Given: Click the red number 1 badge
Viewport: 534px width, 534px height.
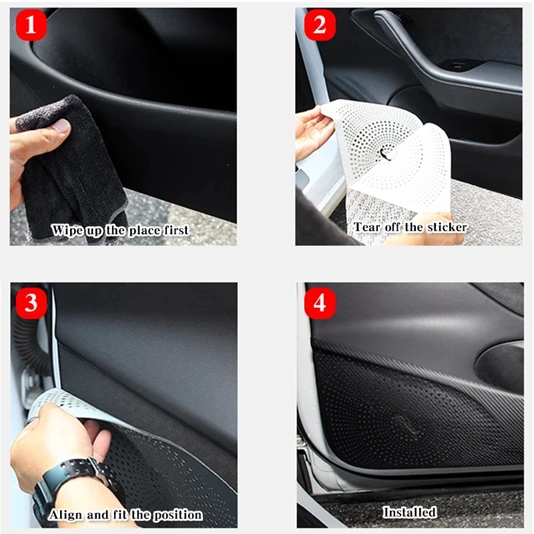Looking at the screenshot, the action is coord(31,25).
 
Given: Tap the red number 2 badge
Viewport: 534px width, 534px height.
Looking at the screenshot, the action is coord(320,25).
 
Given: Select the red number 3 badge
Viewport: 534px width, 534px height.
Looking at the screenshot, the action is coord(31,303).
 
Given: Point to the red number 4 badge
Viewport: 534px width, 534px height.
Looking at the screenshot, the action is coord(320,303).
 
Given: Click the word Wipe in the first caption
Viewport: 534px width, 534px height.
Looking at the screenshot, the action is coord(67,231).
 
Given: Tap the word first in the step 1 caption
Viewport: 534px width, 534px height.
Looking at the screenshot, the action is coord(176,230).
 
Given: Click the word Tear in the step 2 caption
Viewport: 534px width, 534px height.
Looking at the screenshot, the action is coord(366,227).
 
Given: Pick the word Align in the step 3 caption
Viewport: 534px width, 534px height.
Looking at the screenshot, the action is coord(65,515).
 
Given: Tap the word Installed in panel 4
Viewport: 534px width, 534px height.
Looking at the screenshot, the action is coord(409,512).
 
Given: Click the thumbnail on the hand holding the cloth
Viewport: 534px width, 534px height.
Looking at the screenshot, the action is coord(61,125).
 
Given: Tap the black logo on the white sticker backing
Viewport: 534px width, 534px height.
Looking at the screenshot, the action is coord(385,154).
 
